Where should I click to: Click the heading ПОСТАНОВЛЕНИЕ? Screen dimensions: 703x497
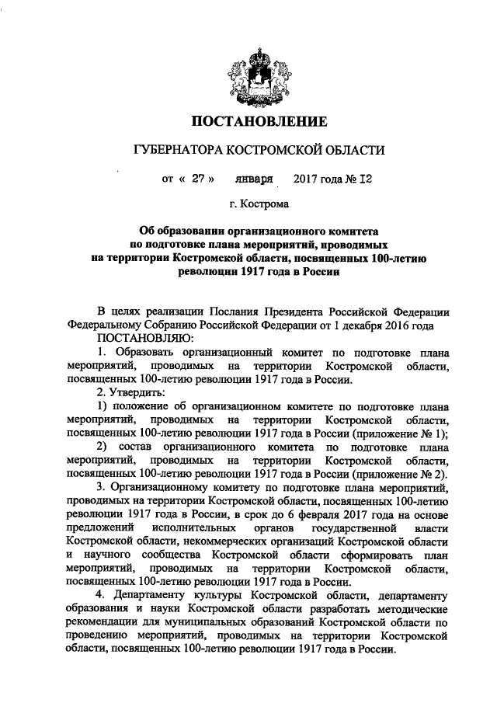tap(255, 120)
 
